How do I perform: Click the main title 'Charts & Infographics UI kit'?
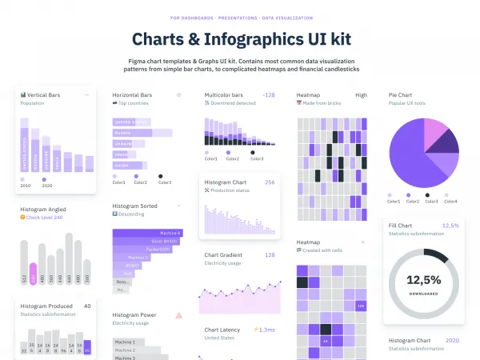tap(239, 39)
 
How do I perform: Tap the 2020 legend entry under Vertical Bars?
tap(47, 185)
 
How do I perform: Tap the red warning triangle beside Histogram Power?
tap(178, 315)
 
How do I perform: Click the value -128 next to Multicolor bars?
tap(269, 95)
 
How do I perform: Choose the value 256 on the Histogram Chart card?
tap(270, 182)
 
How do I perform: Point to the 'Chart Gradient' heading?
tap(223, 255)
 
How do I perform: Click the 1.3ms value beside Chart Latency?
tap(265, 329)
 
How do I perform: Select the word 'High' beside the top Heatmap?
tap(362, 95)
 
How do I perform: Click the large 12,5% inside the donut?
tap(423, 280)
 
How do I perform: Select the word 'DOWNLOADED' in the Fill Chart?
tap(423, 294)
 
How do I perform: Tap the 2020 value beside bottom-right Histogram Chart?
tap(452, 341)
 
